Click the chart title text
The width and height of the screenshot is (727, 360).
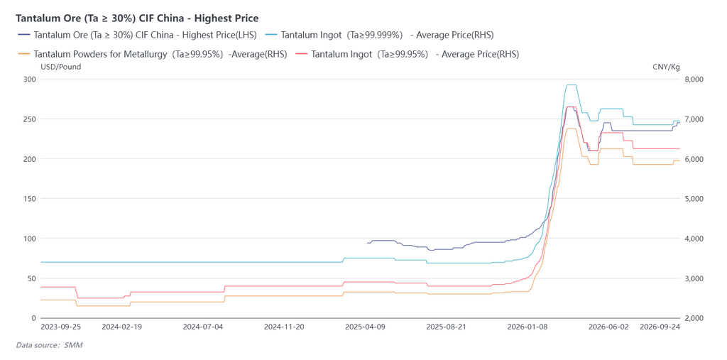pos(137,18)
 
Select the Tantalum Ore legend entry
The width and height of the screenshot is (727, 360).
pos(138,35)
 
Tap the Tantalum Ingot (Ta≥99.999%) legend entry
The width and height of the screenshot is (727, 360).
pos(379,35)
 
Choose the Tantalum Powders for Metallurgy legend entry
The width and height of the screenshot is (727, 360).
pos(152,54)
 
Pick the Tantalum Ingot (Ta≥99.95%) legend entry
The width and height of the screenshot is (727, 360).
pos(407,54)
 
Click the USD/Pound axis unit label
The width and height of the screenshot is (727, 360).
pos(61,67)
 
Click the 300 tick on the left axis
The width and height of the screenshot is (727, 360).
pos(30,80)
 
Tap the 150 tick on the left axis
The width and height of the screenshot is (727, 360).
pos(30,199)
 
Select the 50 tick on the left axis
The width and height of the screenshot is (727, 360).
pos(32,278)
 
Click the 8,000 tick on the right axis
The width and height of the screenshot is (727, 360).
pos(694,80)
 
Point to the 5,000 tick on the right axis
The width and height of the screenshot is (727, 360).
pos(694,199)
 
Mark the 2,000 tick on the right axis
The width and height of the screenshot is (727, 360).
pos(694,318)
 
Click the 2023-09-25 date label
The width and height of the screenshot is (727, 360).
pos(61,327)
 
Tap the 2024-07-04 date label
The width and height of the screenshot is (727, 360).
pos(203,327)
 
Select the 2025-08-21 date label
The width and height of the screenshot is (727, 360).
pos(446,327)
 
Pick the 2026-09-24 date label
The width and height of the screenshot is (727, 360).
pos(660,327)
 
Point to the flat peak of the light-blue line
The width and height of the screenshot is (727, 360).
pos(571,85)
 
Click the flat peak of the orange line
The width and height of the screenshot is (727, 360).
pos(571,129)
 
